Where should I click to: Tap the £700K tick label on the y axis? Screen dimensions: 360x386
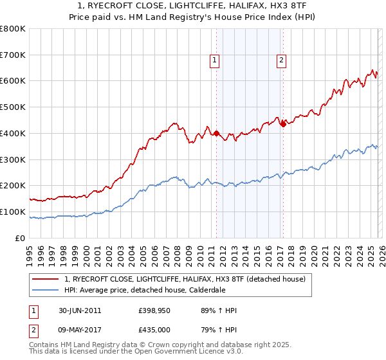click(13, 55)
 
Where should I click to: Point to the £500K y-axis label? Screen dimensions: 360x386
click(13, 107)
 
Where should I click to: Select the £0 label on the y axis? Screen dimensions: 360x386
click(20, 238)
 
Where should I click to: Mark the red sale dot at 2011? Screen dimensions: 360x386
click(216, 134)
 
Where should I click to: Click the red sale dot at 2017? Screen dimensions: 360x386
click(283, 124)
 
